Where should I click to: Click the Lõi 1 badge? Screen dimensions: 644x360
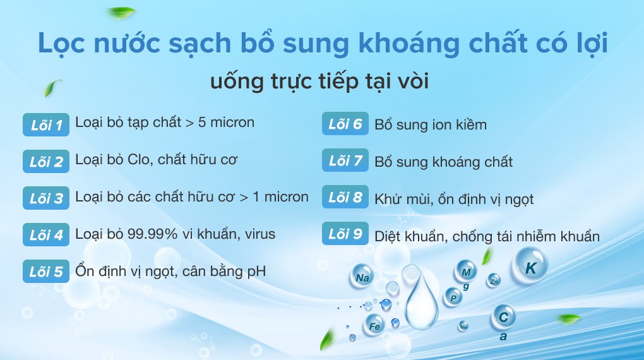pos(46,124)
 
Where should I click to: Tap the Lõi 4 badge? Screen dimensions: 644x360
pos(46,235)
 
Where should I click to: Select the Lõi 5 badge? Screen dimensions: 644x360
pos(46,271)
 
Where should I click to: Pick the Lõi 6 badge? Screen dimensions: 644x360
pos(345,123)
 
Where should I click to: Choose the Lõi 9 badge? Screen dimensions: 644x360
pos(345,234)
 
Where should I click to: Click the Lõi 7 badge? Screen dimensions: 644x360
pos(345,160)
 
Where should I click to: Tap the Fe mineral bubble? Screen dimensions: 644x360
pos(374,325)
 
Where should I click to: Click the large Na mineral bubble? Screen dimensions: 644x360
pos(362,277)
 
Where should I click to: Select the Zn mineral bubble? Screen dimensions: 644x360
pos(494,281)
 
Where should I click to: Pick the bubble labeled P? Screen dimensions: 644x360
pos(453,297)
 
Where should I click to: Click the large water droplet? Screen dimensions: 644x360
pos(421,300)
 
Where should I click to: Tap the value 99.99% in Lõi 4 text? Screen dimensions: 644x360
pos(152,234)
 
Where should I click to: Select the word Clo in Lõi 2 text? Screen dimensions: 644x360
pos(140,159)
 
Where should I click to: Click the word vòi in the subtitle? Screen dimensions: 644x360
pos(414,81)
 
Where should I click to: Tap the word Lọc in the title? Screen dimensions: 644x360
pos(62,43)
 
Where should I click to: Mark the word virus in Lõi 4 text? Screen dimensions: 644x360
pos(260,234)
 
